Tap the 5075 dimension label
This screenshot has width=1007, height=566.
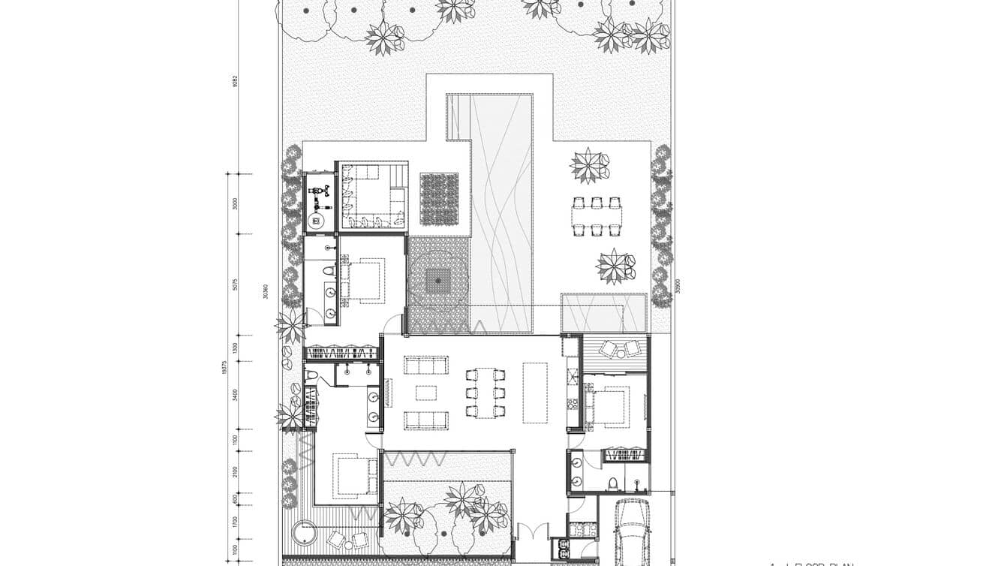point(235,285)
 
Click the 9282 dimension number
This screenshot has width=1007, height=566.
point(235,81)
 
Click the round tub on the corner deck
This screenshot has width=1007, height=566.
point(304,534)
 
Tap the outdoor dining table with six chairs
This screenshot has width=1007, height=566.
point(597,216)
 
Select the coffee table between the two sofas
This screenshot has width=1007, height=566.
point(426,393)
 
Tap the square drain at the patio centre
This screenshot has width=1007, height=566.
point(438,281)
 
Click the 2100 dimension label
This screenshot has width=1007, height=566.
point(235,471)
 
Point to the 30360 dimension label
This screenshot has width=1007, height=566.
point(266,291)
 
